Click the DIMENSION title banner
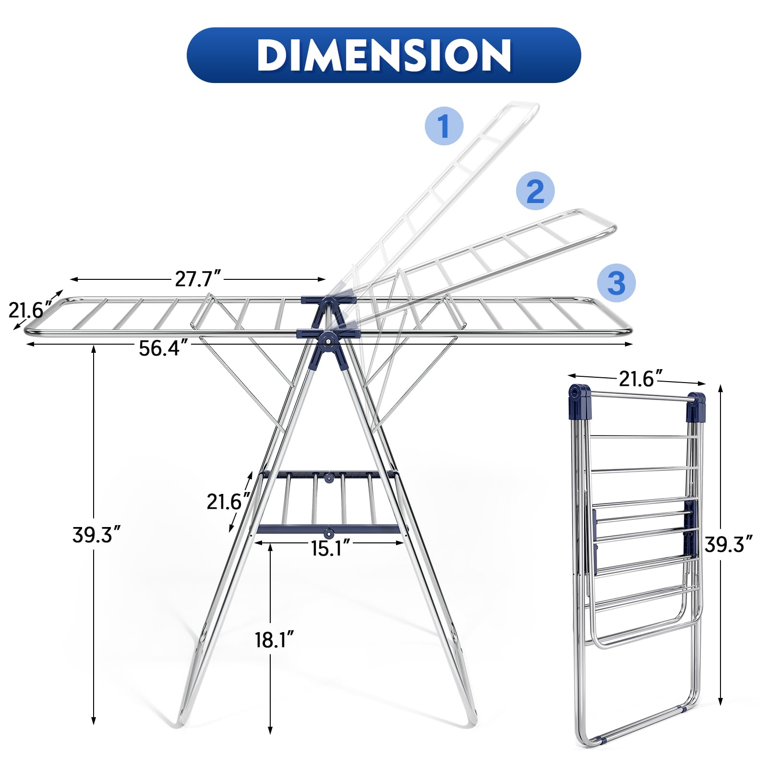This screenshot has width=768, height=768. pos(384,55)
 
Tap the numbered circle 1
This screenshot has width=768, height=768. pos(444,126)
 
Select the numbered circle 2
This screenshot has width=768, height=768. pos(535,191)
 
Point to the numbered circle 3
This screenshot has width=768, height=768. pos(616,283)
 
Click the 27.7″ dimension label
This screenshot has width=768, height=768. pos(198,278)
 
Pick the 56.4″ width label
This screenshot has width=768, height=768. pos(159,348)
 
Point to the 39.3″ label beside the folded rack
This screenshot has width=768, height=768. pos(728,544)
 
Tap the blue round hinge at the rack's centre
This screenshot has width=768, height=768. pos(329,341)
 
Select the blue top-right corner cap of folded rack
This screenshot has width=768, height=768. pos(696,406)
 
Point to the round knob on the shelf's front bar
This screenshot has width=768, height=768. pos(329,533)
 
